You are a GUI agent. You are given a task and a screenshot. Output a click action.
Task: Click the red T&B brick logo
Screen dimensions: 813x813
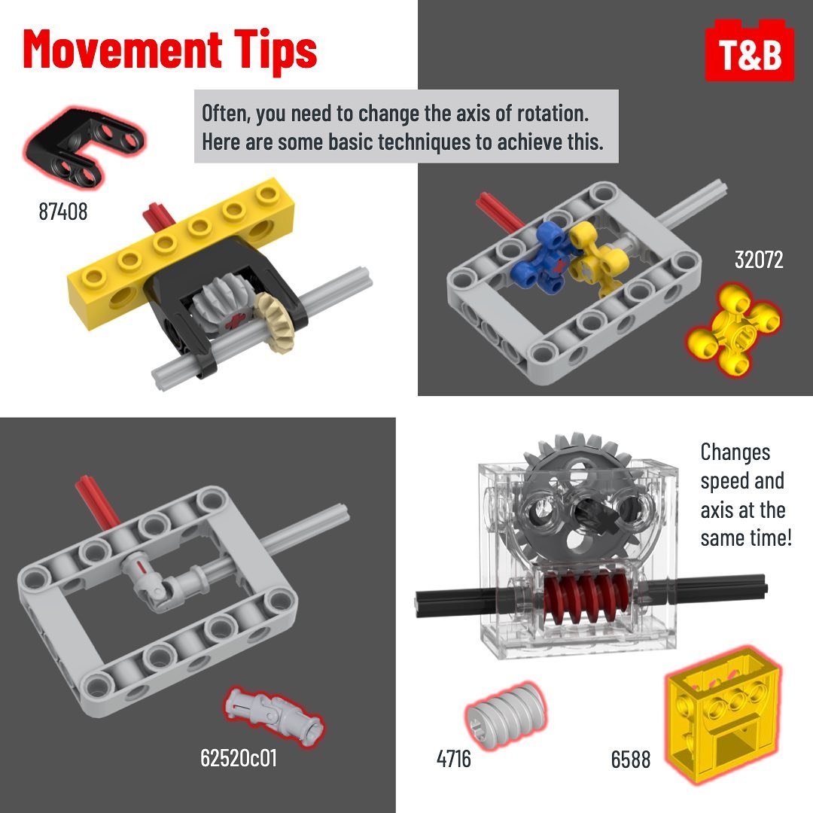coord(749,51)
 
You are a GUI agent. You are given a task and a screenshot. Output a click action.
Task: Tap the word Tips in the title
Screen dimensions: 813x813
coord(275,51)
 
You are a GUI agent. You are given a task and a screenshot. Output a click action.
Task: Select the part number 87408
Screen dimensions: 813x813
coord(63,212)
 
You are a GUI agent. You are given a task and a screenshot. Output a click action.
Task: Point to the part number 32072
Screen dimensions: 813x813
coord(759,260)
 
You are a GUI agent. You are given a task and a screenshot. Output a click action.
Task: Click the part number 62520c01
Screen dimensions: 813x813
coord(239,758)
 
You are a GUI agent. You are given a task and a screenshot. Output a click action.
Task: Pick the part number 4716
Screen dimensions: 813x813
coord(454,759)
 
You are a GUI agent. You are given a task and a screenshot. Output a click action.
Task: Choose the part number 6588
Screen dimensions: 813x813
coord(631,760)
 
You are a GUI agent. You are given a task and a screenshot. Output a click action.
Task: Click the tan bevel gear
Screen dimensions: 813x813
coord(275,322)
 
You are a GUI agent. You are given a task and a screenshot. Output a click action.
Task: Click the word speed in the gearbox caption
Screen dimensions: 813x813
coord(723,481)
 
